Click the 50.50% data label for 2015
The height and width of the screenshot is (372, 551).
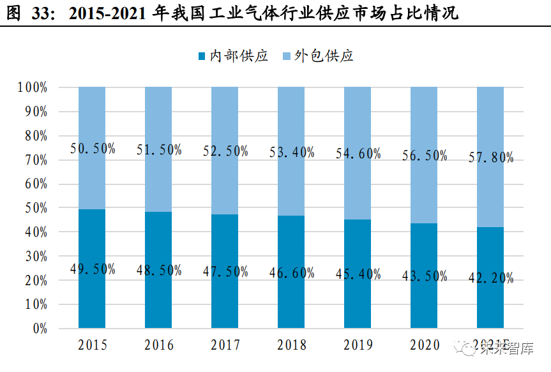point(93,149)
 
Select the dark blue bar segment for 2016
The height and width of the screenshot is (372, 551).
point(158,294)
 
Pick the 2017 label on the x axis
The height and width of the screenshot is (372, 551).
point(225,345)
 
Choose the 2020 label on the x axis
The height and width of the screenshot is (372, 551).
point(424,345)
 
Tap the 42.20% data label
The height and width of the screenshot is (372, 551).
point(490,278)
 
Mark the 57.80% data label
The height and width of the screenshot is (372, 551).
point(490,158)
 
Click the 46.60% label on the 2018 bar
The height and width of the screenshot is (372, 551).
point(291,273)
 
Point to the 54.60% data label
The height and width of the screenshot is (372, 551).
point(358,153)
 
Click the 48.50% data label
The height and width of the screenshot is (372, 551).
point(159,269)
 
